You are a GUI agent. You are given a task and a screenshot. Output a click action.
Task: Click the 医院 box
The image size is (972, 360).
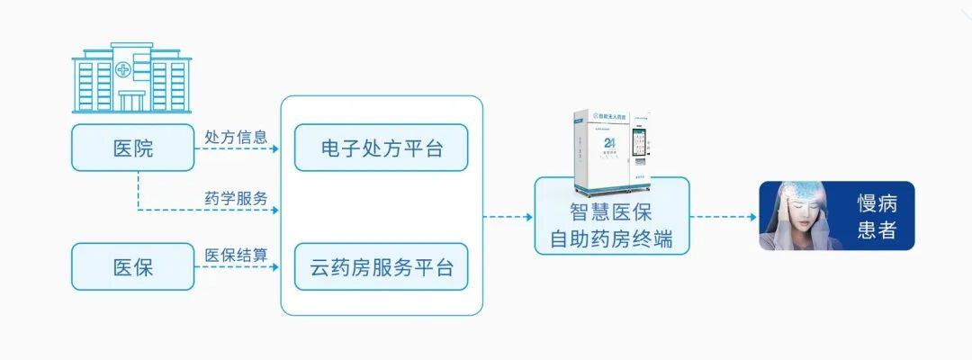coord(133,148)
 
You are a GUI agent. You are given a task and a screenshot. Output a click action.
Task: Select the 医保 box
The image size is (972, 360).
coord(133,266)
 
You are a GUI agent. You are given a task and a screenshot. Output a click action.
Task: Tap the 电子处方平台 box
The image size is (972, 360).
coord(382,148)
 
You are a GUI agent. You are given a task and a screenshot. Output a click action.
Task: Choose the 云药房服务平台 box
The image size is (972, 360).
coord(382,266)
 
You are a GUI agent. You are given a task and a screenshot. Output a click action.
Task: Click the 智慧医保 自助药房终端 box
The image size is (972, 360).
coord(611,228)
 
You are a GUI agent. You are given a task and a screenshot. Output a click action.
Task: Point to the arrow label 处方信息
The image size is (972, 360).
coord(236,137)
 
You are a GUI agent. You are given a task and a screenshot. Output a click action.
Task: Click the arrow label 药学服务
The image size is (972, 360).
coord(236,198)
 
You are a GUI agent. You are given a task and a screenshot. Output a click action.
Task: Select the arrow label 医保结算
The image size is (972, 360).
coord(236,256)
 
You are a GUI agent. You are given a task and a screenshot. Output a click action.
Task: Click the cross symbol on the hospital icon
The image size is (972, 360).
coord(121,67)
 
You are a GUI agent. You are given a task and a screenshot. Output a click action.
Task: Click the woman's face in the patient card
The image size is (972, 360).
coord(793,216)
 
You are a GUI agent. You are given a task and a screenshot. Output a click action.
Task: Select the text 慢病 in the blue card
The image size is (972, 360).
coord(877,203)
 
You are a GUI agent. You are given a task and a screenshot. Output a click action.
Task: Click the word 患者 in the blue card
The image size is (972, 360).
coord(877,230)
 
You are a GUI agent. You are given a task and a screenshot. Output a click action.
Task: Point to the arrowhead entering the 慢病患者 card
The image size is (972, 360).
coord(751,217)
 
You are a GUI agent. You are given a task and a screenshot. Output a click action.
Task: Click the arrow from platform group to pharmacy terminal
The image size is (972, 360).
coord(508,217)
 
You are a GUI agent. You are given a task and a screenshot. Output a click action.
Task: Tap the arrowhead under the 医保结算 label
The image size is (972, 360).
coord(276,267)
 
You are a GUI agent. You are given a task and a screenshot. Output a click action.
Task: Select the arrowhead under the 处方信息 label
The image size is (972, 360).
coord(276,148)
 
